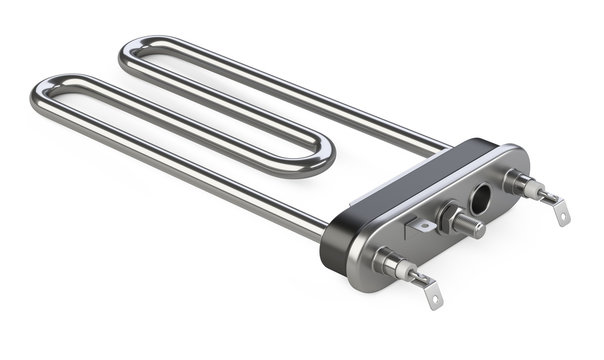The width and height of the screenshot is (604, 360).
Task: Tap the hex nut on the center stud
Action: [450, 218]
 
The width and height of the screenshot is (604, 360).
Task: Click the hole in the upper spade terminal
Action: [564, 215]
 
